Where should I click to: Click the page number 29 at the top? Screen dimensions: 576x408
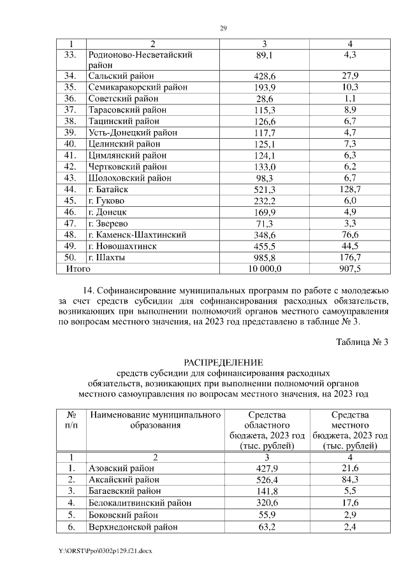(x=223, y=28)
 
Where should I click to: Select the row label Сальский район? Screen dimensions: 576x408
(x=121, y=76)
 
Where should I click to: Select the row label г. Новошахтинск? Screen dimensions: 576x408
(x=129, y=246)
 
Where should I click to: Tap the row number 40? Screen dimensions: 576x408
(x=71, y=144)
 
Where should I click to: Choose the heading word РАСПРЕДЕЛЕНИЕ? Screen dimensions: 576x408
(x=223, y=362)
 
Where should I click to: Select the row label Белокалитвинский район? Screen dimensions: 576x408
(x=140, y=502)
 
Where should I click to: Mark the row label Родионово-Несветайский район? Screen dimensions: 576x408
(x=140, y=59)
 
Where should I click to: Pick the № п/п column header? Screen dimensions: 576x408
(x=71, y=419)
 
